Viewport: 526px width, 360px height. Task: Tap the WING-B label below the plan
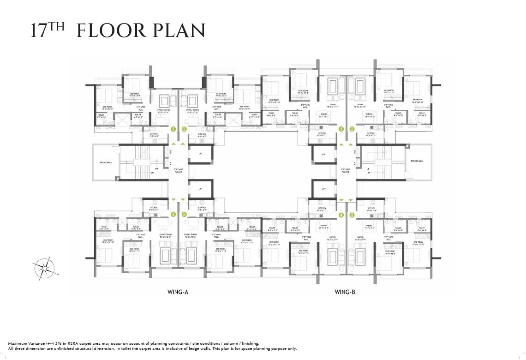pyautogui.click(x=344, y=292)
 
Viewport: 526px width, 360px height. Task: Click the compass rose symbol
pyautogui.click(x=43, y=267)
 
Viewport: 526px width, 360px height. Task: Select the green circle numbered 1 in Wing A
pyautogui.click(x=173, y=129)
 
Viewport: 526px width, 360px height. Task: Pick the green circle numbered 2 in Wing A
pyautogui.click(x=184, y=129)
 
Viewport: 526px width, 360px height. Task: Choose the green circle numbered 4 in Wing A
pyautogui.click(x=173, y=215)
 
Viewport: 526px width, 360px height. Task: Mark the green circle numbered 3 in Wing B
pyautogui.click(x=352, y=215)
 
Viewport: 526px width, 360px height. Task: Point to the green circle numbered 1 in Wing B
pyautogui.click(x=341, y=129)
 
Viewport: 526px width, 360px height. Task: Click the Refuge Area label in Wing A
pyautogui.click(x=106, y=162)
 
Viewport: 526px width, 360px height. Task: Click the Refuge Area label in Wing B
pyautogui.click(x=417, y=161)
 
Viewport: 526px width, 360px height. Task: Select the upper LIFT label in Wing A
pyautogui.click(x=200, y=154)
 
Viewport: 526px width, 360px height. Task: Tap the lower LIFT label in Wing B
pyautogui.click(x=323, y=189)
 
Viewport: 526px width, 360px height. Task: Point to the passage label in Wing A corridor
pyautogui.click(x=178, y=170)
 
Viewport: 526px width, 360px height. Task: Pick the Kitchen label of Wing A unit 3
pyautogui.click(x=202, y=209)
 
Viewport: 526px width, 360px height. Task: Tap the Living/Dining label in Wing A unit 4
pyautogui.click(x=164, y=235)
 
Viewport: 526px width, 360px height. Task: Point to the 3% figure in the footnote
pyautogui.click(x=59, y=343)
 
